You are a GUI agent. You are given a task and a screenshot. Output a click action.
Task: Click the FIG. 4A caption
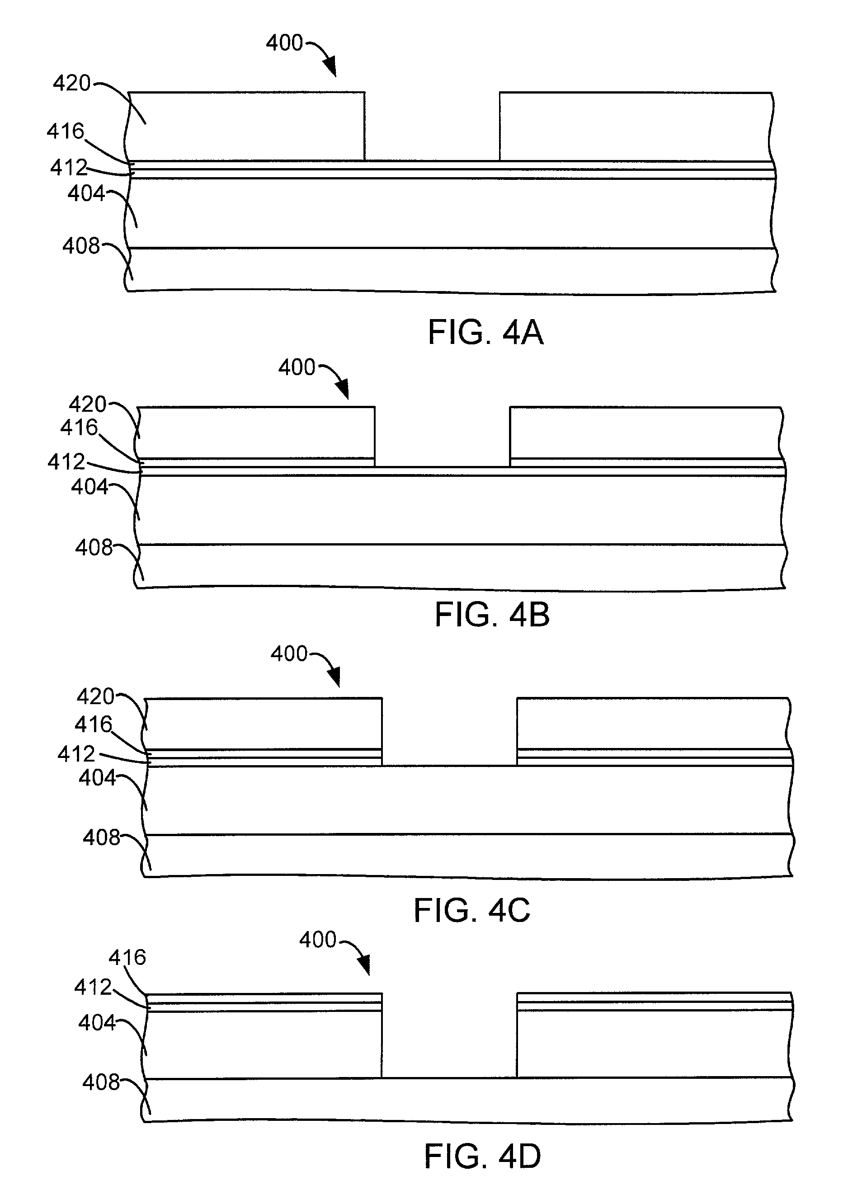pos(485,333)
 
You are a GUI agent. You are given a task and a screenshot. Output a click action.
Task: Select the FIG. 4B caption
pos(492,615)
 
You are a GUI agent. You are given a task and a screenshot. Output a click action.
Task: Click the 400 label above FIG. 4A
pos(284,43)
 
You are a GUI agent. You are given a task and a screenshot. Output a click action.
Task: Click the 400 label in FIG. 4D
pos(317,940)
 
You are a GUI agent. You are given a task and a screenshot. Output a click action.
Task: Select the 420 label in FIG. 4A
pos(71,83)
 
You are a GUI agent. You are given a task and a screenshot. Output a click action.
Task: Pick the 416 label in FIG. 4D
pos(127,958)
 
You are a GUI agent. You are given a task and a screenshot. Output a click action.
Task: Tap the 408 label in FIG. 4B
pos(94,548)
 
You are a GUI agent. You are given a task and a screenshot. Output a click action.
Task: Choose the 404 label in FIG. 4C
pos(97,778)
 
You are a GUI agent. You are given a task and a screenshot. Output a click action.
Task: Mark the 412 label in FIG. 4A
pos(68,168)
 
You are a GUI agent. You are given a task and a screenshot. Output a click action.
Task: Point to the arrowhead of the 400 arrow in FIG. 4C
pos(334,678)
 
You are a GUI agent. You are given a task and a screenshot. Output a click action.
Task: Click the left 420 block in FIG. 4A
pos(246,127)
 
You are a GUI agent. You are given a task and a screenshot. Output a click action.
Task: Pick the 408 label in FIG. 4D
pos(101,1082)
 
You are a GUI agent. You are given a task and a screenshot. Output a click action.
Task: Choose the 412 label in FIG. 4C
pos(76,754)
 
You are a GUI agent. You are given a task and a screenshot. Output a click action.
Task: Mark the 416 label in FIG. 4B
pos(79,428)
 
